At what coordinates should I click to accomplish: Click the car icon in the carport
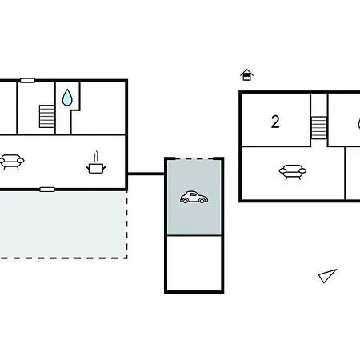coord(194,197)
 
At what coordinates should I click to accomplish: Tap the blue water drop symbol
coord(67,98)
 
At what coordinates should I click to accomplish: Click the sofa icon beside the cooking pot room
coord(12,162)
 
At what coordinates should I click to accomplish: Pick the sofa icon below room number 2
coord(293,172)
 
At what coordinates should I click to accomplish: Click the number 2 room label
coord(275,122)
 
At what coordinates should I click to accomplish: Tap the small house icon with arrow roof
coord(246,75)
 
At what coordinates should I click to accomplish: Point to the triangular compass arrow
coord(327,276)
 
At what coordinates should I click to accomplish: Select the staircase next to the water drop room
coord(47,117)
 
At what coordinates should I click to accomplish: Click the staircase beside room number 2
coord(319,128)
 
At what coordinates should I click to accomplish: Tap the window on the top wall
coord(28,80)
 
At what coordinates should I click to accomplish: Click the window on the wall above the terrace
coord(47,190)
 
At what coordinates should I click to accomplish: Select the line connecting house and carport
coord(146,174)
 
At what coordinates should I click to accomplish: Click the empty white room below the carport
coord(194,263)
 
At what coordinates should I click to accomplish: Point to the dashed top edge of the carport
coord(194,159)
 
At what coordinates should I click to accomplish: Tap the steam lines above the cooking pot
coord(96,157)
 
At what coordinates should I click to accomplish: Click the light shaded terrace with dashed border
coord(62,225)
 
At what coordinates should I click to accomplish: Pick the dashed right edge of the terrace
coord(126,225)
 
